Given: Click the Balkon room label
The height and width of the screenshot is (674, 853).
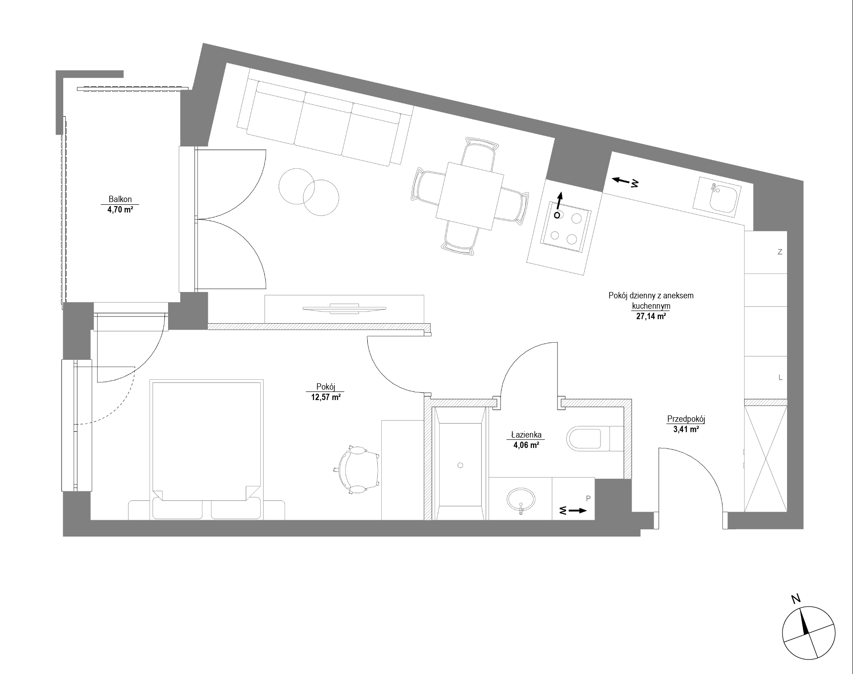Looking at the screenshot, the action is click(120, 199).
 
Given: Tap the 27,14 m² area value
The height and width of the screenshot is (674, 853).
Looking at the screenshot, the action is click(651, 316).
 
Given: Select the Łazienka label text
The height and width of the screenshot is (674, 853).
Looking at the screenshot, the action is click(526, 435).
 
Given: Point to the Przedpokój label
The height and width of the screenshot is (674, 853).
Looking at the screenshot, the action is click(686, 419).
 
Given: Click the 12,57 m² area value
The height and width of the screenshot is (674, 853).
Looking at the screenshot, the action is click(325, 397).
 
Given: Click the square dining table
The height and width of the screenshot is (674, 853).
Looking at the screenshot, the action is click(470, 196).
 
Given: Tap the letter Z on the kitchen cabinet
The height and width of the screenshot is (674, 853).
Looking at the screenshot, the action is click(780, 253).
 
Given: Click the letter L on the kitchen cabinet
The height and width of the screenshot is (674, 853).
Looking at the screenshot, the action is click(780, 377).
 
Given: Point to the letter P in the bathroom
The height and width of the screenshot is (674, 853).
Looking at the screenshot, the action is click(588, 499).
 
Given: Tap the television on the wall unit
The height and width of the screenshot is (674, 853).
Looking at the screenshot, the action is click(345, 308).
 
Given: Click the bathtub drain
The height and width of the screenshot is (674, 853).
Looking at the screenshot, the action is click(460, 465).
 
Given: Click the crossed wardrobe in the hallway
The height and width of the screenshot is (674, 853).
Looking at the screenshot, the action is click(765, 459).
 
